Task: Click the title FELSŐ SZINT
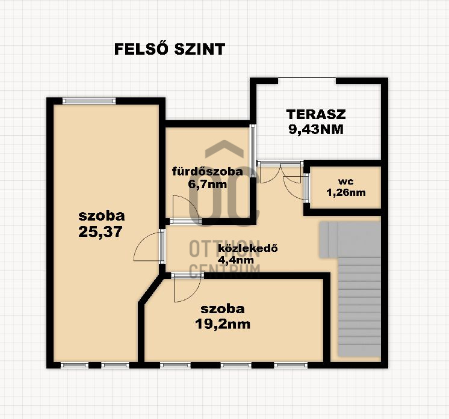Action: coord(170,49)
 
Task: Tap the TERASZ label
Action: coord(316,114)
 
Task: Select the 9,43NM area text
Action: coord(316,130)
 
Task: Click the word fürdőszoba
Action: coord(207,171)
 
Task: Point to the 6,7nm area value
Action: coord(207,184)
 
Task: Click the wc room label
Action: coord(345,182)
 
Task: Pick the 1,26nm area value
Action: coord(346,192)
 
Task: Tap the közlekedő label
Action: coord(248,248)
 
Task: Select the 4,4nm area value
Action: coord(236,260)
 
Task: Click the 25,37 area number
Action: coord(101,231)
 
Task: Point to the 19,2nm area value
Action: coord(223,324)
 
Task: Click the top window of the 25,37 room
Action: coord(89,100)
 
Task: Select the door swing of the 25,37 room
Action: coord(146,246)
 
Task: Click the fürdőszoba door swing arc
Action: coord(185,207)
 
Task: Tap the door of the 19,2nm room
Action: coord(187,289)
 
